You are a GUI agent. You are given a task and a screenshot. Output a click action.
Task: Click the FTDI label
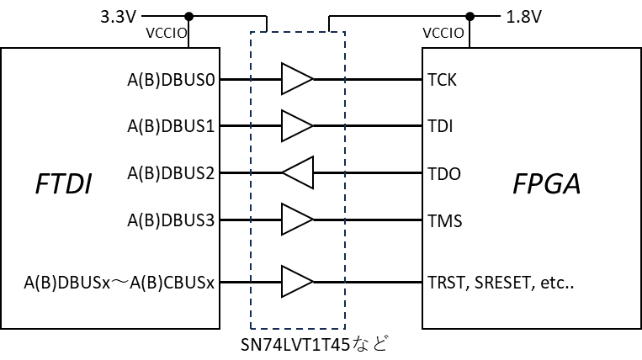coord(63,183)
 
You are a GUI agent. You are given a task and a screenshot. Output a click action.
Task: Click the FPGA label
coord(547,183)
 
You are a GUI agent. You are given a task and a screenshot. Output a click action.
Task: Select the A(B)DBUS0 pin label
coord(171,80)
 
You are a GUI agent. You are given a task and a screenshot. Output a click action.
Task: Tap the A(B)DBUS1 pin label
coord(171,127)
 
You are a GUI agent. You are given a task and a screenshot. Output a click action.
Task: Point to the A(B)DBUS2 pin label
coord(171,174)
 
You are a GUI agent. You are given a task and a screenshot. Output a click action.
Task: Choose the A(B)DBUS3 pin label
coord(171,221)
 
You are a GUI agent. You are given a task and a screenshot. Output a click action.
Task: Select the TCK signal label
coord(442,81)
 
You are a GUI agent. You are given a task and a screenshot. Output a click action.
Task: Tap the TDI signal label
coord(440,128)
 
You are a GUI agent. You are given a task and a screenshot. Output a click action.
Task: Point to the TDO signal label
coord(443,175)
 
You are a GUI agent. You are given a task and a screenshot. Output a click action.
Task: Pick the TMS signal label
coord(444,222)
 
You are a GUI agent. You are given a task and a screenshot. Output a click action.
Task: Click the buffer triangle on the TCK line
coord(295,79)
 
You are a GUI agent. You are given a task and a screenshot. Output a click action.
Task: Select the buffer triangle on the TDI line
coord(295,126)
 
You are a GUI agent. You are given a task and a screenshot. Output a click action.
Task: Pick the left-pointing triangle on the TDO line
coord(300,173)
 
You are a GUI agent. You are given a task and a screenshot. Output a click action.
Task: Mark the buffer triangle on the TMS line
coord(295,220)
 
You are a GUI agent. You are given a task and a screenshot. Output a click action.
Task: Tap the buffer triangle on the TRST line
coord(295,282)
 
